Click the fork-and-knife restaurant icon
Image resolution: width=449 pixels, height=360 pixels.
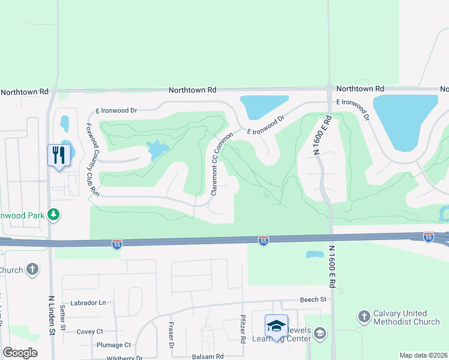tap(59, 155)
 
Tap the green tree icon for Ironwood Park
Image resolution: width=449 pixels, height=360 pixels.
tap(53, 214)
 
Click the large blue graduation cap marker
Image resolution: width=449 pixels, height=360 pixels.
tap(276, 326)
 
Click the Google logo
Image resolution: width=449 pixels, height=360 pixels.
tap(20, 353)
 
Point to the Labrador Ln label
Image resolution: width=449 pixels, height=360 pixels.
tap(88, 303)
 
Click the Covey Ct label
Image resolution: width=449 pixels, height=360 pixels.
tap(90, 331)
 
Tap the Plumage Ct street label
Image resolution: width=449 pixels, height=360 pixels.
tap(113, 345)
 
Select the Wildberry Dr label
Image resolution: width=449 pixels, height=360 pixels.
tap(124, 358)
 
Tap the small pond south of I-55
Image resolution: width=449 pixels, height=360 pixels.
tap(315, 254)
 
